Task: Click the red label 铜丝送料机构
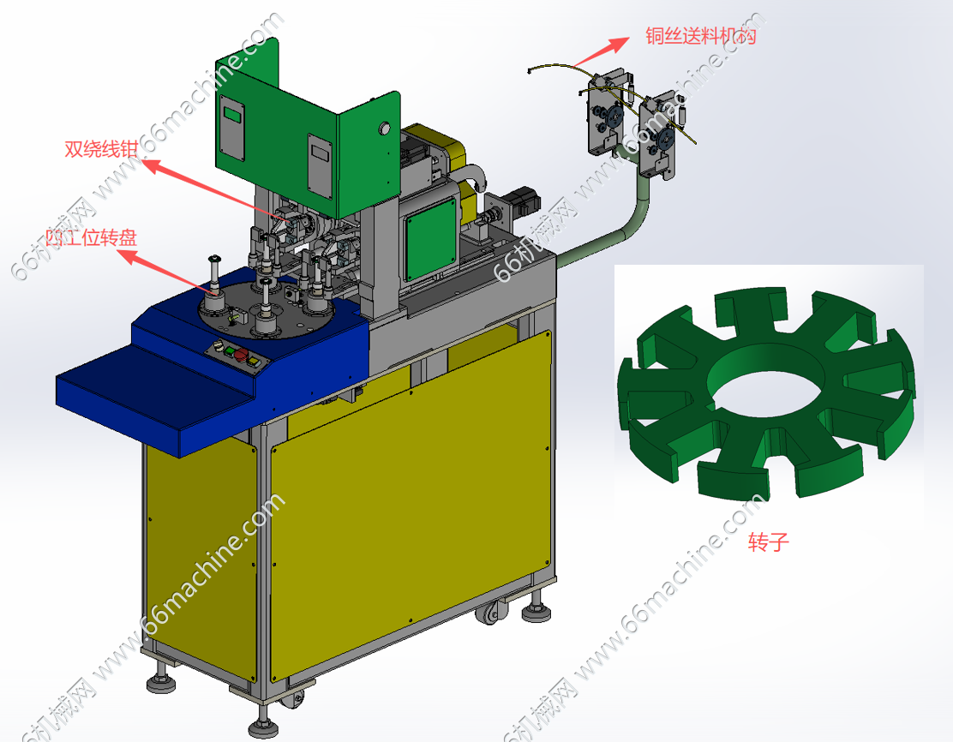click(x=701, y=36)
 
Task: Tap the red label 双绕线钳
click(x=101, y=149)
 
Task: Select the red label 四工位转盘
click(x=92, y=237)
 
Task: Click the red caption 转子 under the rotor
click(x=768, y=542)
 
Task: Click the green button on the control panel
click(x=230, y=350)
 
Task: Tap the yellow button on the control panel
click(x=253, y=362)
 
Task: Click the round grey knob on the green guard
click(x=384, y=129)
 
